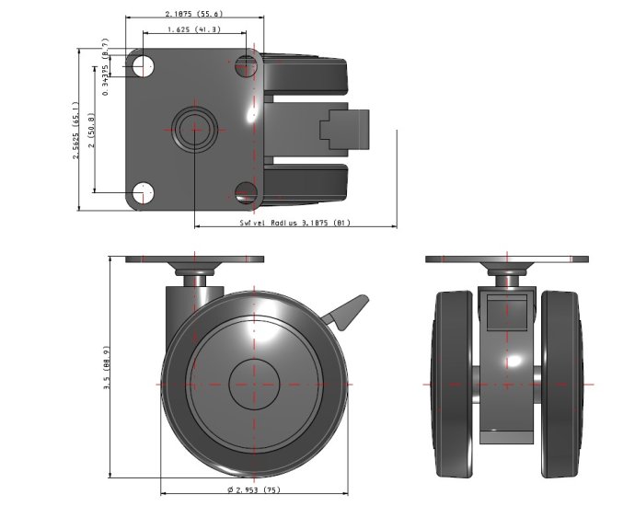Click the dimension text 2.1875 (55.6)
[x=194, y=14]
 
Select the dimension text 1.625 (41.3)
[x=193, y=30]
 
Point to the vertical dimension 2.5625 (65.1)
[x=77, y=130]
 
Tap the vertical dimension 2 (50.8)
[x=93, y=130]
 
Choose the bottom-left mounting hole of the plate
[x=142, y=192]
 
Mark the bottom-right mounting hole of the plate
[x=246, y=192]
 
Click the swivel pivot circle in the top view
[x=194, y=129]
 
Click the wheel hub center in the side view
[x=254, y=382]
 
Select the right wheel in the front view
[x=563, y=382]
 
